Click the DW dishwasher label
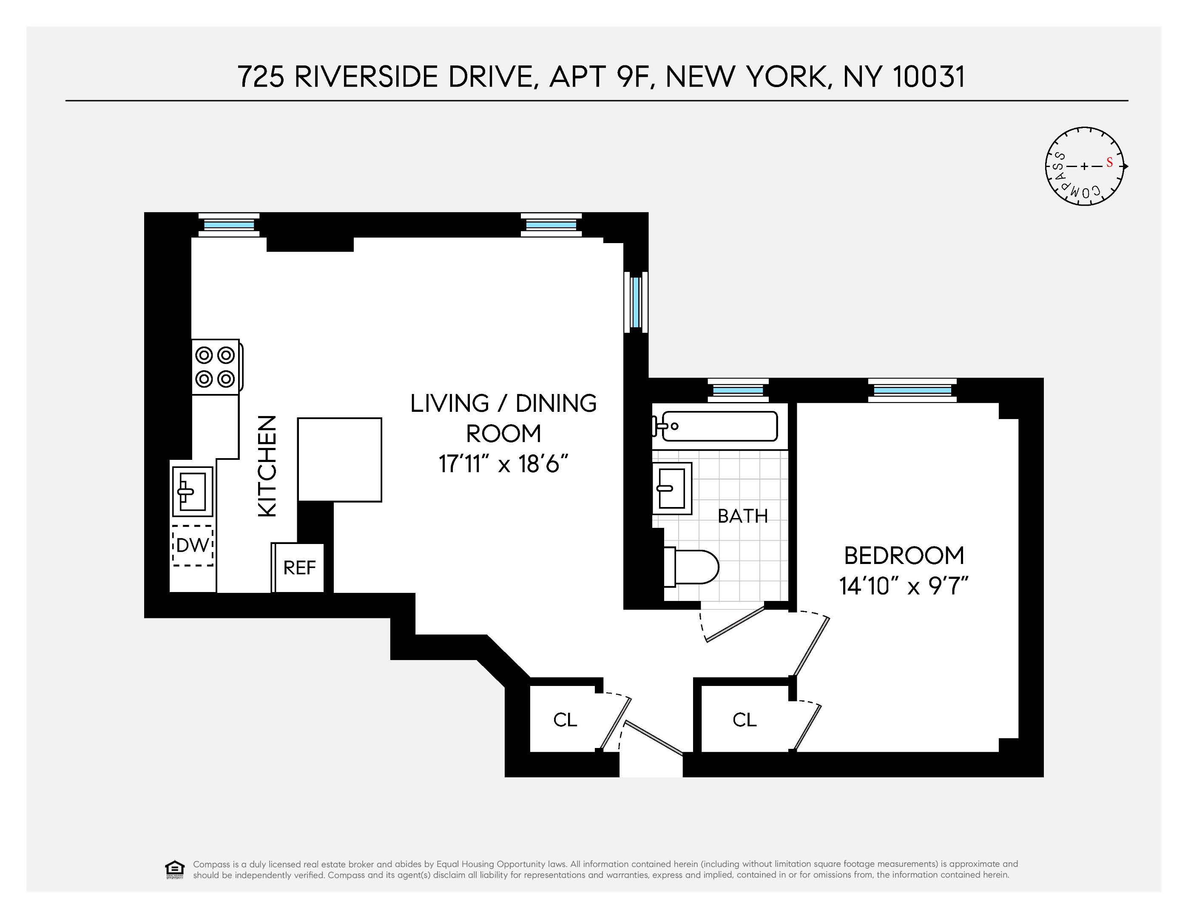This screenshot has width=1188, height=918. [193, 545]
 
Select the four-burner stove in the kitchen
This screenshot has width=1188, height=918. [216, 366]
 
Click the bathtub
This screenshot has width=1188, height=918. [717, 426]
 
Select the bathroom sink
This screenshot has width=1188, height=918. [672, 488]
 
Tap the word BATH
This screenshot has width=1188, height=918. [742, 516]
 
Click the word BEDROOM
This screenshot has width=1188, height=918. [904, 556]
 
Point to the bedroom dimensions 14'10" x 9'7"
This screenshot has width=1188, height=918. [904, 586]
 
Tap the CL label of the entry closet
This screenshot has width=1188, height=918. [565, 720]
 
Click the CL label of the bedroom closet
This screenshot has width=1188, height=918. [744, 720]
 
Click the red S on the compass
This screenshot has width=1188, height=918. [1109, 163]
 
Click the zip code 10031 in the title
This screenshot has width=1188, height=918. [929, 76]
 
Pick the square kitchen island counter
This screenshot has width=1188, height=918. [339, 459]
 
